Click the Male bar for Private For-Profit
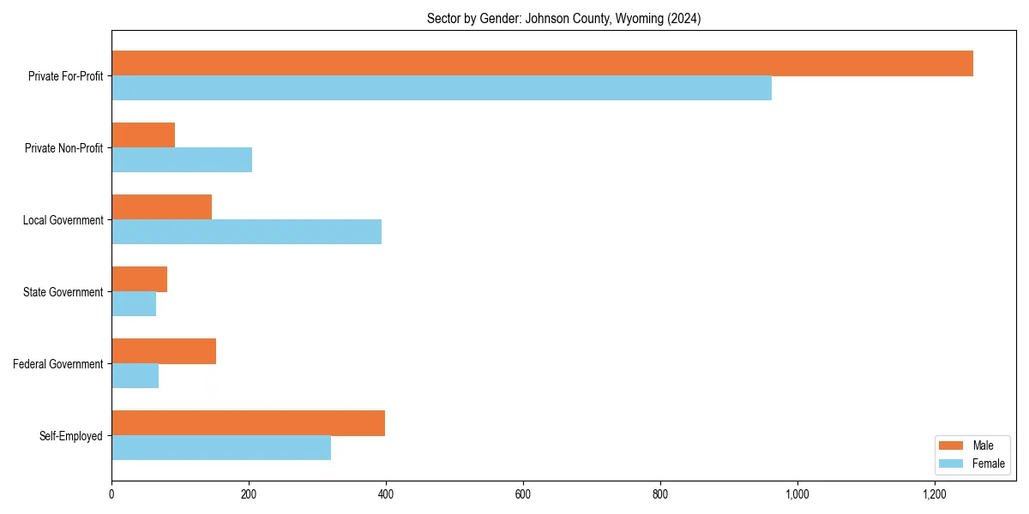[x=542, y=63]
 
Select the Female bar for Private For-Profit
[x=442, y=88]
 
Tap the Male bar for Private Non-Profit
[x=143, y=135]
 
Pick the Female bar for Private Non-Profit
[x=182, y=160]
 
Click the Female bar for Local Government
[x=246, y=232]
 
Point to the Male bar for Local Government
[x=161, y=207]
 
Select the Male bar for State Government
[x=139, y=279]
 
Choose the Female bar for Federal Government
[x=135, y=376]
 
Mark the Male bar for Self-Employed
[x=248, y=423]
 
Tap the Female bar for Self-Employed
[x=221, y=448]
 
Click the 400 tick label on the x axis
[x=386, y=494]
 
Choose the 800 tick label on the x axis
[x=660, y=494]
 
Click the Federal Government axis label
[x=58, y=364]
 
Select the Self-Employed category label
[x=71, y=436]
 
